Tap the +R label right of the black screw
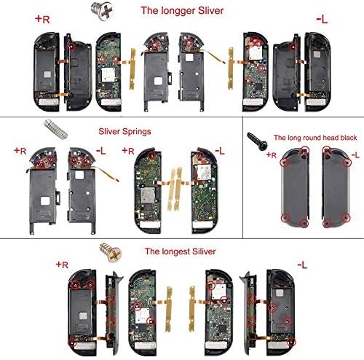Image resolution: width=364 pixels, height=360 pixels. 272,155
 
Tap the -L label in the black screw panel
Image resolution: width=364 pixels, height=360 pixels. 355,155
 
